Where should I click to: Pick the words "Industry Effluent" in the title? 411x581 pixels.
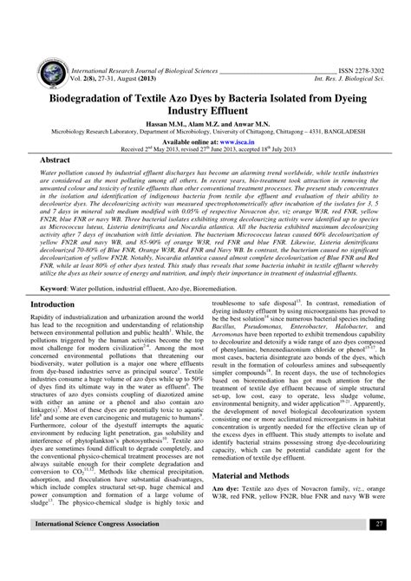[x=205, y=88]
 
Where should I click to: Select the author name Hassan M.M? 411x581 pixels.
[x=160, y=102]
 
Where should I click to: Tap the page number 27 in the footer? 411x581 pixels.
[x=380, y=550]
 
